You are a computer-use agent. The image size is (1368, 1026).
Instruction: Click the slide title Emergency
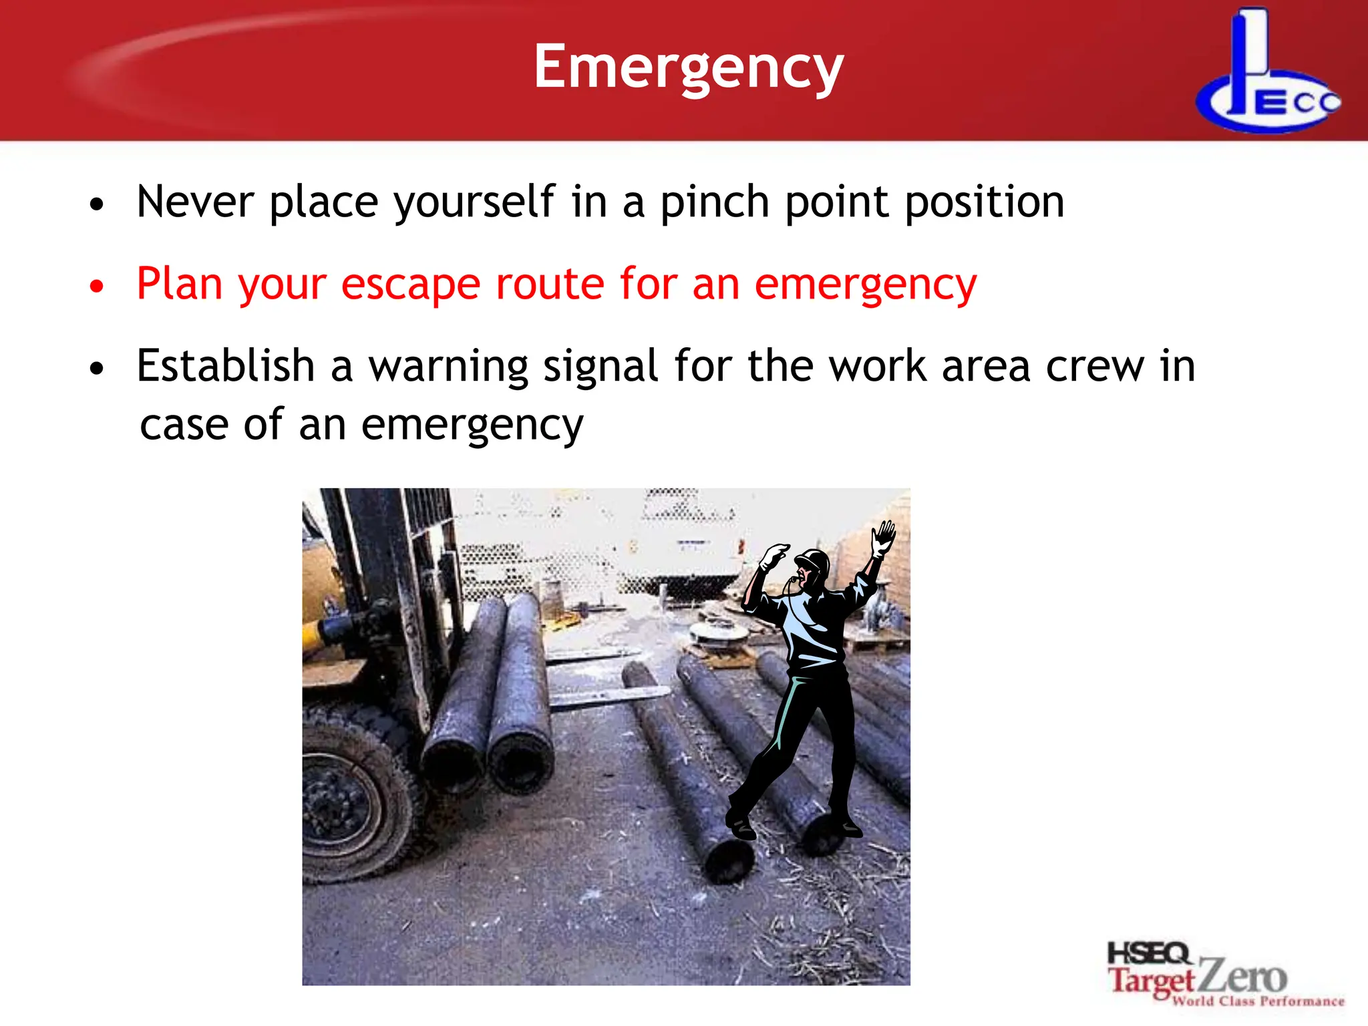689,67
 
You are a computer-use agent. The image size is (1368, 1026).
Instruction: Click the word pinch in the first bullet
714,202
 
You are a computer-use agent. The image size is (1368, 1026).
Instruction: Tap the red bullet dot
98,287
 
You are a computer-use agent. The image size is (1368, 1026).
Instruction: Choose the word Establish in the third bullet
225,366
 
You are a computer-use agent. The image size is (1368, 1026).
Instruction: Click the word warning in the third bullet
449,367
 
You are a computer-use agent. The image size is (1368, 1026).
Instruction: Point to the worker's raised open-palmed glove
884,537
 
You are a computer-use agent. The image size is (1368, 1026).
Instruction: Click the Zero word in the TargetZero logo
1242,977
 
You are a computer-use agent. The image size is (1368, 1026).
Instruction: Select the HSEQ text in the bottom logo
1148,953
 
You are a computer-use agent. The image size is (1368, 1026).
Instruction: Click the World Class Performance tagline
1258,1001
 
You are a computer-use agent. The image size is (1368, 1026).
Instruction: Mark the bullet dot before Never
98,204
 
